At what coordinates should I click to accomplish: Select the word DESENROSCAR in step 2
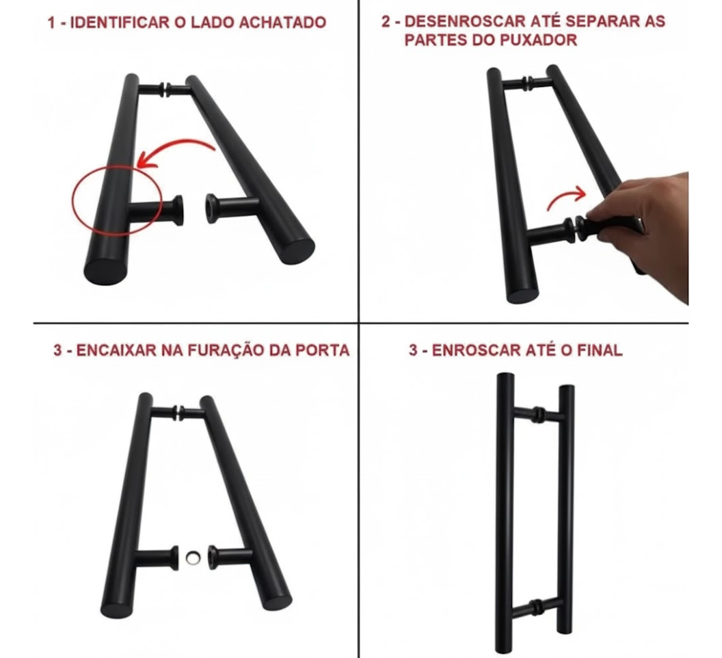[x=465, y=21]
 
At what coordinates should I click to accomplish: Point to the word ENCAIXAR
[x=116, y=350]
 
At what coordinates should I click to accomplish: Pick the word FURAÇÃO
[x=226, y=350]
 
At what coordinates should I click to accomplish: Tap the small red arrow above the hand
[x=566, y=198]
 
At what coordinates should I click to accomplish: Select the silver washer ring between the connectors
[x=193, y=558]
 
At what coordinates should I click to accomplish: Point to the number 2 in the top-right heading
[x=386, y=21]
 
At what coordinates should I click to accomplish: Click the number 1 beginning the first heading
[x=51, y=22]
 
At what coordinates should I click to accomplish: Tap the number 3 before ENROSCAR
[x=413, y=350]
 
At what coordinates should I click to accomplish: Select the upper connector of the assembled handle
[x=538, y=413]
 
